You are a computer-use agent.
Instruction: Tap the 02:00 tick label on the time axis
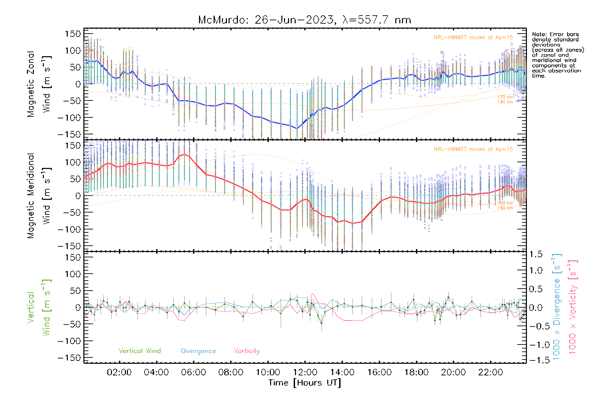[x=119, y=372]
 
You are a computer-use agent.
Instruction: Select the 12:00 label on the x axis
[x=305, y=372]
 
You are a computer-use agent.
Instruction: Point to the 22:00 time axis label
[x=490, y=372]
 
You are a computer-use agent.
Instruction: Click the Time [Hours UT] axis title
[x=305, y=383]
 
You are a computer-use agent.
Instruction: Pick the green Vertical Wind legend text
[x=140, y=351]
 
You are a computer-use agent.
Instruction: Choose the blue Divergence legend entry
[x=198, y=351]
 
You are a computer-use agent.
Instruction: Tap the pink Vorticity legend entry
[x=247, y=351]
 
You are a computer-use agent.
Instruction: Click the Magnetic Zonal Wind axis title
[x=39, y=84]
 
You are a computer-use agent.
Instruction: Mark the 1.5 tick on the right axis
[x=536, y=255]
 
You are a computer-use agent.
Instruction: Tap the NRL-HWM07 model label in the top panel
[x=473, y=38]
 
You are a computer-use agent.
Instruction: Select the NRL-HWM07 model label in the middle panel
[x=473, y=149]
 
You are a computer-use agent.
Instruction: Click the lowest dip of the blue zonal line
[x=297, y=128]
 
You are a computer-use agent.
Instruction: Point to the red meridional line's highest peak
[x=184, y=154]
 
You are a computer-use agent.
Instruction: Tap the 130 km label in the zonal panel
[x=505, y=102]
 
